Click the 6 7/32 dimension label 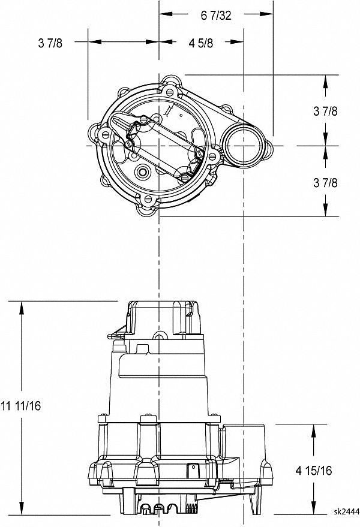tap(216, 16)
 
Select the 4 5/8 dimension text tap(201, 43)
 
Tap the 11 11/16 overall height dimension tap(21, 406)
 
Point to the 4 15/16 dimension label tap(314, 471)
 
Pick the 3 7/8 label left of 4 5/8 tap(50, 43)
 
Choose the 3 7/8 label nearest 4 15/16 tap(325, 183)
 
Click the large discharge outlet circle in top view tap(244, 146)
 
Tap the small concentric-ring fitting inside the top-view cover tap(143, 172)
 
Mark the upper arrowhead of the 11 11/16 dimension tap(22, 308)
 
